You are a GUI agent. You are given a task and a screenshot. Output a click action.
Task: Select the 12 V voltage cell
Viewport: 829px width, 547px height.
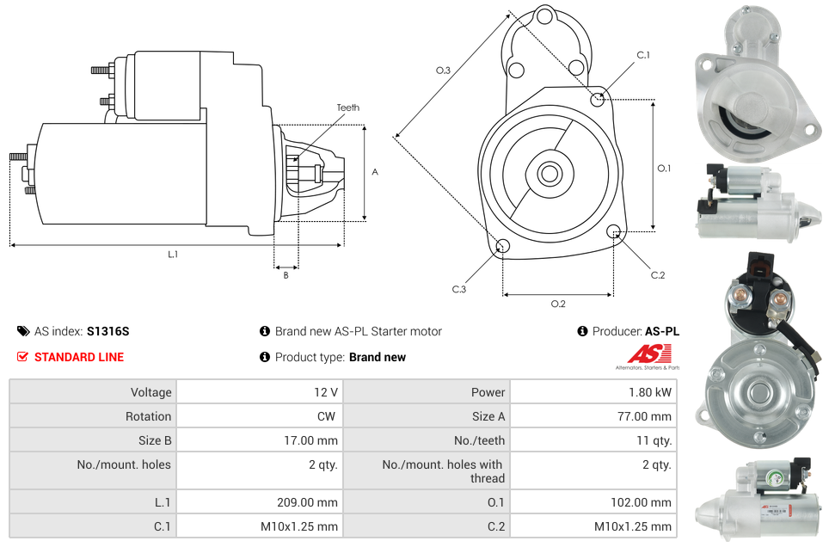coord(325,392)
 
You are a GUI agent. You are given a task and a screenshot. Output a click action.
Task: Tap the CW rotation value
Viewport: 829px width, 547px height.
coord(328,416)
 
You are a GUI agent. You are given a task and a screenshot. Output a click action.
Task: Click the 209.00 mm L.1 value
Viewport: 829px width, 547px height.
coord(313,502)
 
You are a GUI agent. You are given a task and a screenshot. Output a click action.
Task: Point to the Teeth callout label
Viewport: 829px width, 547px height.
coord(347,108)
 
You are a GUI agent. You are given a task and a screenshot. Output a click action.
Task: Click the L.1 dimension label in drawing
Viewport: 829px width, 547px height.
coord(173,254)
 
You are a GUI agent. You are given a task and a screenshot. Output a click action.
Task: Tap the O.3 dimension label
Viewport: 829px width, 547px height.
coord(443,71)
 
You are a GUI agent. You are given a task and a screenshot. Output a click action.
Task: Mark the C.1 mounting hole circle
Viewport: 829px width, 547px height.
coord(598,99)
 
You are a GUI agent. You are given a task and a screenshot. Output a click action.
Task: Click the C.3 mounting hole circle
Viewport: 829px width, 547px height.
coord(503,248)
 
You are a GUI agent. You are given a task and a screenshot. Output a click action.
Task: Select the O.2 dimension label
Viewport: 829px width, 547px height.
coord(557,304)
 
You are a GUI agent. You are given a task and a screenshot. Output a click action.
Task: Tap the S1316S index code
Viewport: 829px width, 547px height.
coord(107,331)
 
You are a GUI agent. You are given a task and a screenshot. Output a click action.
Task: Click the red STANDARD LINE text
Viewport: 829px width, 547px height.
coord(78,357)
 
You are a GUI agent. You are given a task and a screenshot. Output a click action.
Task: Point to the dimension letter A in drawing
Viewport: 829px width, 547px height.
coord(374,172)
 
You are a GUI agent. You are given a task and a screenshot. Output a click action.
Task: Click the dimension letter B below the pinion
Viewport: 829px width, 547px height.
coord(286,275)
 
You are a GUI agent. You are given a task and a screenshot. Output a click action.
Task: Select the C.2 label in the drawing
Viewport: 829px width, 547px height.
coord(657,275)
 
